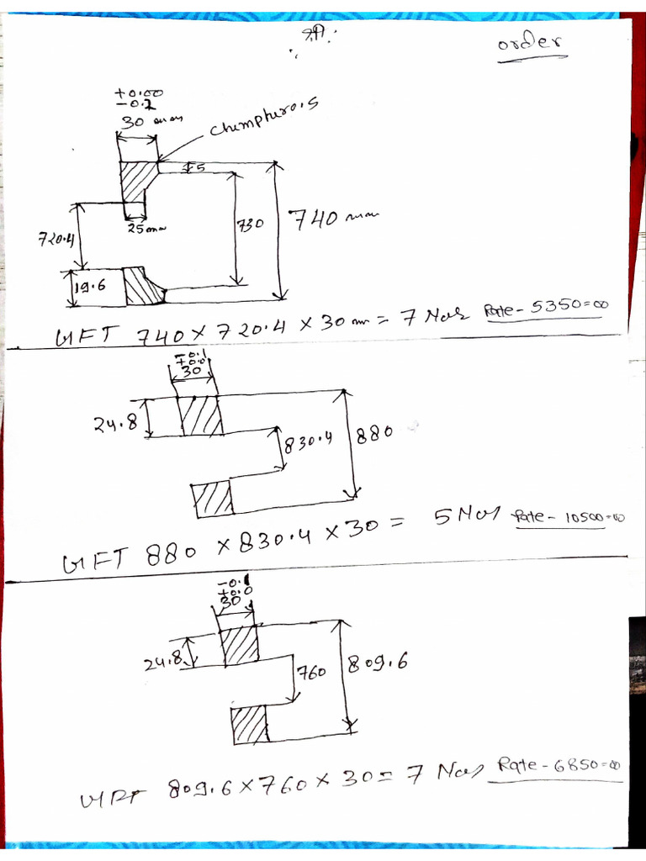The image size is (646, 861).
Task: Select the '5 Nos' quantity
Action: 466,515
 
